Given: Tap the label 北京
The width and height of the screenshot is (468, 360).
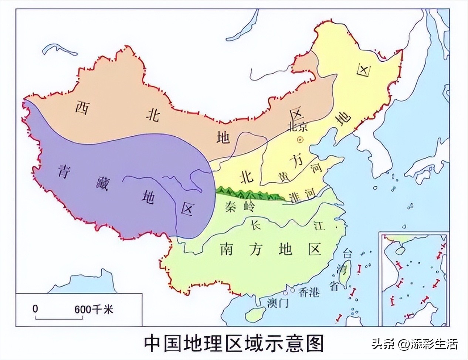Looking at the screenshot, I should [x=297, y=127].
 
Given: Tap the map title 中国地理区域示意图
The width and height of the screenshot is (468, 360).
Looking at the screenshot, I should [x=234, y=343].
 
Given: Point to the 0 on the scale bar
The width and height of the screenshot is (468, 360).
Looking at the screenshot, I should [x=35, y=308].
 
